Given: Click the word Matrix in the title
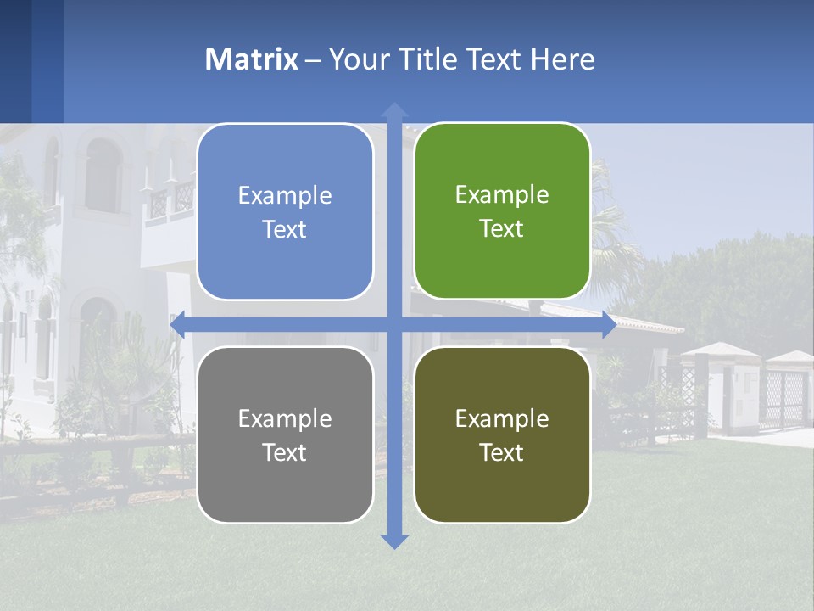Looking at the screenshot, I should [252, 59].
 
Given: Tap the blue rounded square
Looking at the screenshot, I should [285, 211].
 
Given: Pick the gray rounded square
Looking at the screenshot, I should [285, 434].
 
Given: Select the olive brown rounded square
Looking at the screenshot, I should [502, 434].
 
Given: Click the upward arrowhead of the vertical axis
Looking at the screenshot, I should [394, 109].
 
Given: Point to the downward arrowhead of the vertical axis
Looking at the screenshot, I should [394, 541].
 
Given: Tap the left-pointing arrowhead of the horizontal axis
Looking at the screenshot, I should [177, 325].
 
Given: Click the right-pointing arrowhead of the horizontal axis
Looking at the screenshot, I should [609, 325].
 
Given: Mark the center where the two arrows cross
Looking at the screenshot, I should [394, 325].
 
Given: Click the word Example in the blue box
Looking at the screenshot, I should [285, 195].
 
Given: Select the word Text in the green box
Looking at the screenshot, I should [502, 228].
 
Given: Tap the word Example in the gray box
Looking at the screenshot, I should [285, 418].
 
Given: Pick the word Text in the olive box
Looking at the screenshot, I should [502, 452].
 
